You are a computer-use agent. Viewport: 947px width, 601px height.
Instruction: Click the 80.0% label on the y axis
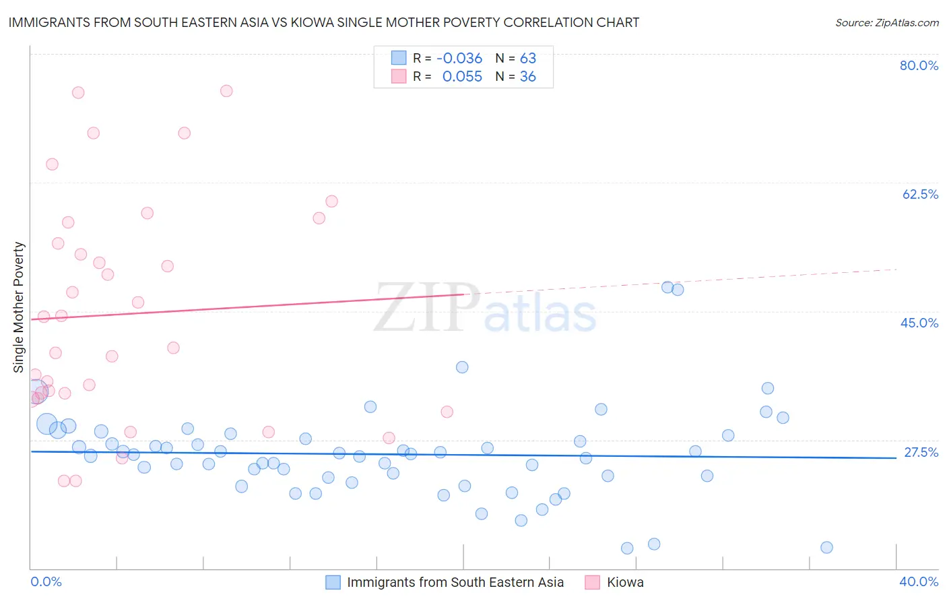tap(919, 65)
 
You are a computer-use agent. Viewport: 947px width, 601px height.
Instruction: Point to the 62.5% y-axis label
tap(920, 194)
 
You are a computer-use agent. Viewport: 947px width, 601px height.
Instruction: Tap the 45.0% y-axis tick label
tap(919, 323)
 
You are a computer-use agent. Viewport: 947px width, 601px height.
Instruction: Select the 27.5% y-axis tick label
tap(921, 452)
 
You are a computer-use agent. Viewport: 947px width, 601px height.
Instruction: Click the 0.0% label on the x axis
tap(46, 581)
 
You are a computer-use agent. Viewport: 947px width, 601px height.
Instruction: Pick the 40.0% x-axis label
tap(918, 581)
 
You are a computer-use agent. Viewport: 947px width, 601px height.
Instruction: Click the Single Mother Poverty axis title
tap(19, 307)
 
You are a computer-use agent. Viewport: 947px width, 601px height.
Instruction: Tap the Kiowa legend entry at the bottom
tap(625, 582)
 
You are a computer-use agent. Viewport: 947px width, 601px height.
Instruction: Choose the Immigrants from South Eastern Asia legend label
tap(455, 582)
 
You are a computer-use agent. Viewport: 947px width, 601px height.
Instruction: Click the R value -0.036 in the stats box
tap(459, 58)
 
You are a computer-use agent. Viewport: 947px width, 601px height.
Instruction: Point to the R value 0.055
tap(462, 77)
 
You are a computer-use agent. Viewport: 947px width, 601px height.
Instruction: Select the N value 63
tap(528, 58)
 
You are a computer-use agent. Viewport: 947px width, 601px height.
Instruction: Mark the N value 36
tap(528, 77)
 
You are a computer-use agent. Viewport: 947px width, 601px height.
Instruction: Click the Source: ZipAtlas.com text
tap(886, 23)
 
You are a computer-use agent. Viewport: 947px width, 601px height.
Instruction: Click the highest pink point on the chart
tap(226, 91)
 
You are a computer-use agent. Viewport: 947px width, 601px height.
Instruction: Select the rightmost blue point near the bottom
tap(826, 547)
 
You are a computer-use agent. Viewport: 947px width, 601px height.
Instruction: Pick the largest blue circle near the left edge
tap(47, 424)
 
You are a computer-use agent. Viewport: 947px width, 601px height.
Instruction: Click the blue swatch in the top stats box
tap(399, 58)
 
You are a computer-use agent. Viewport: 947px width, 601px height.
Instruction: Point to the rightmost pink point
tap(447, 412)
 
